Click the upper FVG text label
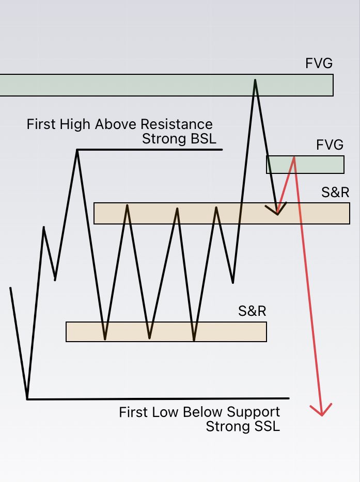[319, 64]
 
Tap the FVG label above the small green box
[330, 145]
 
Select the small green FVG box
[305, 165]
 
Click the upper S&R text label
[335, 193]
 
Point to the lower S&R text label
[252, 311]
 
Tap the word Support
[253, 412]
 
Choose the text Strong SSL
[243, 426]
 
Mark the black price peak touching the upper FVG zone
[255, 81]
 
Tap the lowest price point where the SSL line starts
[27, 398]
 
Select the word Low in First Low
[164, 412]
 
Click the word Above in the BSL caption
[120, 124]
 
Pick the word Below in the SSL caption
[202, 412]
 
